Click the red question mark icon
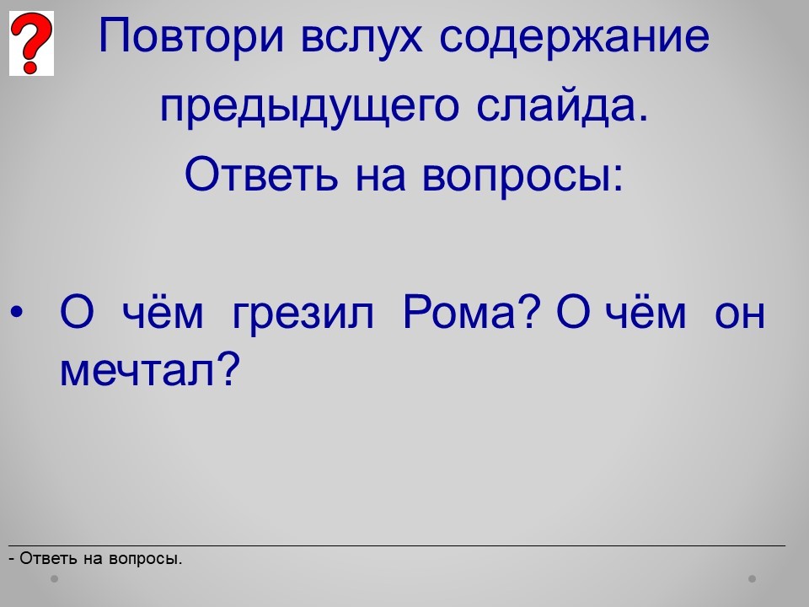point(31,43)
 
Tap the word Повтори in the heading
point(191,37)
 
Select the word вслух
point(362,37)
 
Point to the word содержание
point(575,37)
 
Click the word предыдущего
point(309,107)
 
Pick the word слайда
point(562,105)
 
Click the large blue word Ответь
point(261,175)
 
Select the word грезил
point(303,314)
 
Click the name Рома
point(459,312)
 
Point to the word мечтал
point(137,369)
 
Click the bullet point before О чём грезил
point(17,312)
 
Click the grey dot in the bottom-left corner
point(54,579)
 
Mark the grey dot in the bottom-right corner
point(753,579)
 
